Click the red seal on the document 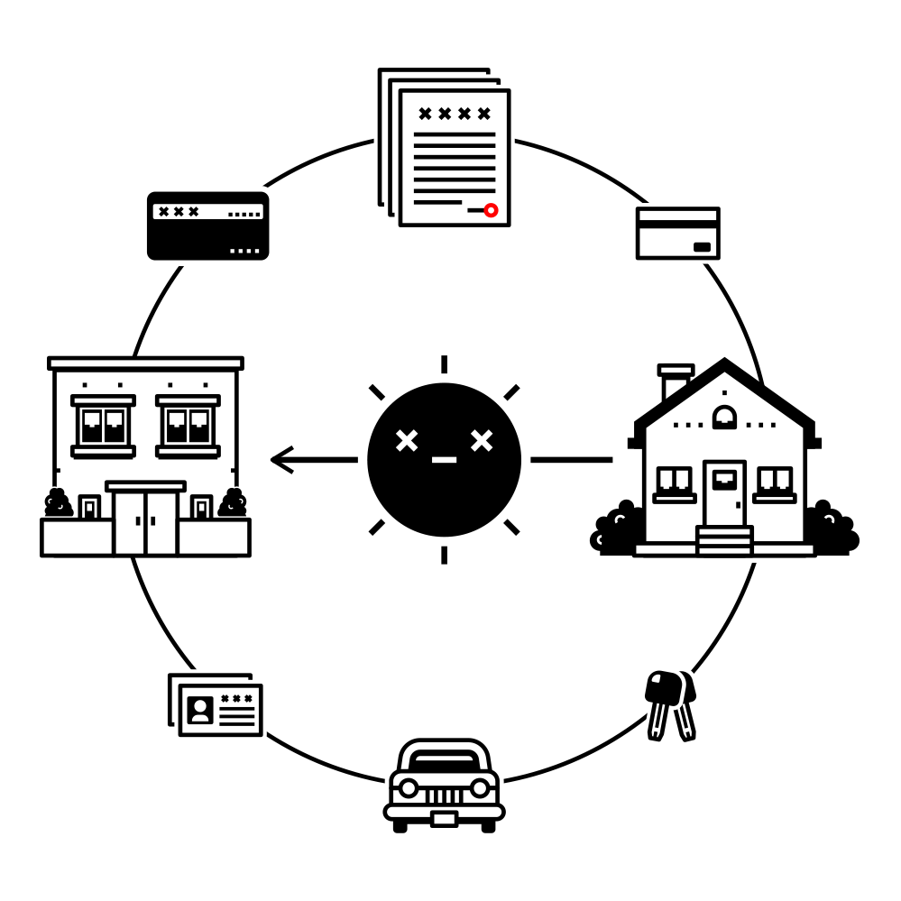[491, 210]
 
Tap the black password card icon [207, 226]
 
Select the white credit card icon [677, 234]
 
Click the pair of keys [670, 703]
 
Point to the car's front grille [443, 795]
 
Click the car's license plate [443, 819]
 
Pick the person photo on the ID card [200, 710]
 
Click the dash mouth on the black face [444, 460]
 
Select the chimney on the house [676, 382]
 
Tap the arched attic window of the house [723, 417]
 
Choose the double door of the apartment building [145, 522]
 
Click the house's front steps [724, 540]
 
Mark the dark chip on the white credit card [702, 247]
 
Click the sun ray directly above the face [444, 364]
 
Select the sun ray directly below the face [444, 555]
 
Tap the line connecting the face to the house [571, 460]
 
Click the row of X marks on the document [454, 114]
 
